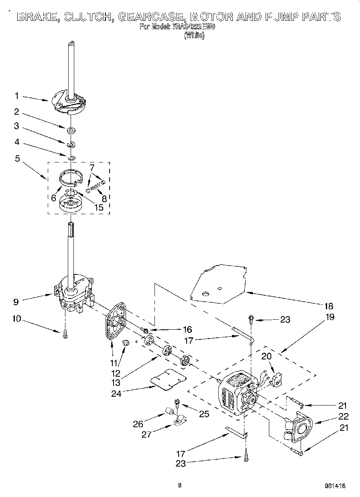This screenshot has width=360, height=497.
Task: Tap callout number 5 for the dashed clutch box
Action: click(x=17, y=158)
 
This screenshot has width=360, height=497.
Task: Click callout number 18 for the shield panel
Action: click(x=328, y=306)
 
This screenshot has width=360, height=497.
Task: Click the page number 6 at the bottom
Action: click(x=179, y=485)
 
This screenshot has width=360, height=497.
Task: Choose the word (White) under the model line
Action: click(x=194, y=35)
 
